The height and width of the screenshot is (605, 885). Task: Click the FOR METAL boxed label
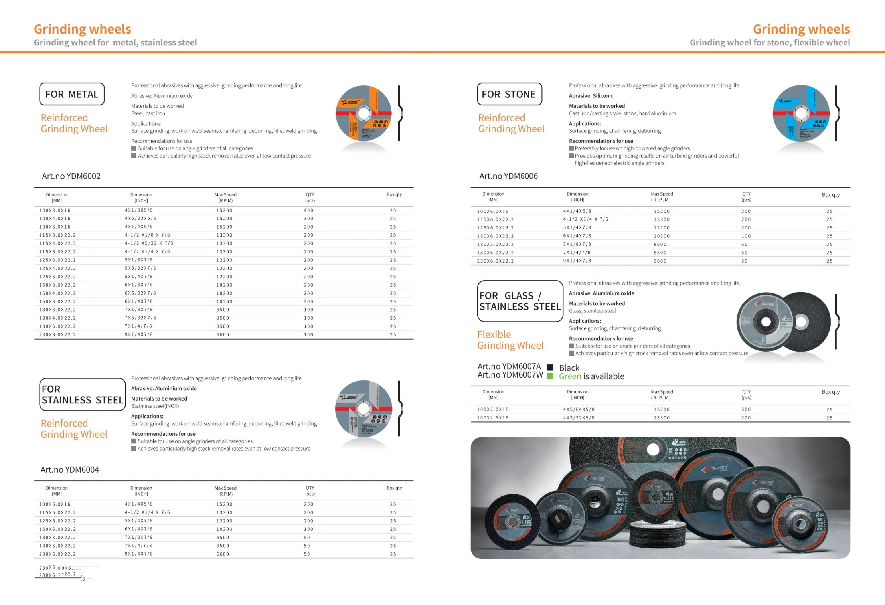click(x=72, y=94)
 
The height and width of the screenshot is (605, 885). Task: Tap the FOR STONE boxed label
click(x=509, y=94)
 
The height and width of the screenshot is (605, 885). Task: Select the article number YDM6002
click(x=71, y=176)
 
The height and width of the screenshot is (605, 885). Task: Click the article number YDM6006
click(x=508, y=176)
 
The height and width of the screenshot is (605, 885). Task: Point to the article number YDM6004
click(x=70, y=469)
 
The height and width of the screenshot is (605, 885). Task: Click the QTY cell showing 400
click(x=308, y=210)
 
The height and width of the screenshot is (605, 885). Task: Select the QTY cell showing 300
click(x=308, y=219)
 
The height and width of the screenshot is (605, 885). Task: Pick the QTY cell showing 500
click(x=746, y=409)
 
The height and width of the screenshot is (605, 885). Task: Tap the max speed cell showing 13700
click(x=662, y=409)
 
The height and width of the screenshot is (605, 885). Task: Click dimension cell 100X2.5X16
click(x=493, y=418)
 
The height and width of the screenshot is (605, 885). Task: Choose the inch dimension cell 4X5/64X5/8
click(x=579, y=409)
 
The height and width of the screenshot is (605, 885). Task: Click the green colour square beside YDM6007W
click(x=550, y=376)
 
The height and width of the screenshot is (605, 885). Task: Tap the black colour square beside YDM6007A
click(x=550, y=367)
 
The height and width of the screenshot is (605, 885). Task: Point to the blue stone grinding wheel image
click(x=801, y=113)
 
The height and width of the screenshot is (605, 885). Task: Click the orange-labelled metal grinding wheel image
click(x=363, y=113)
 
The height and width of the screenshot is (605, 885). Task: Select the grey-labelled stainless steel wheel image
click(x=363, y=409)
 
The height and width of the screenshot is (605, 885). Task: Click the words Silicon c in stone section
click(x=603, y=96)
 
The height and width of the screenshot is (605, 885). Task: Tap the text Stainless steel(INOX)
click(x=155, y=406)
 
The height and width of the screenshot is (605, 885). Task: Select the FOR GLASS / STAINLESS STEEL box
click(x=520, y=301)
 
